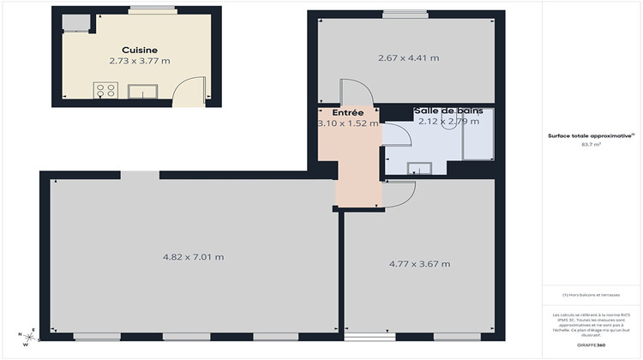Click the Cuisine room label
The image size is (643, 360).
[x=138, y=50]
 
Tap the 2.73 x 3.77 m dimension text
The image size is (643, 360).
[x=140, y=61]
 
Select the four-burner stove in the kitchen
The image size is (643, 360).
[x=106, y=91]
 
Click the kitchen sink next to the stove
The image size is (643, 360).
[x=141, y=91]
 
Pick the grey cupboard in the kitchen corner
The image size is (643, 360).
[x=75, y=21]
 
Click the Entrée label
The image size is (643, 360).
[x=348, y=112]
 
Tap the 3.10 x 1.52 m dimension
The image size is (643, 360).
[x=348, y=123]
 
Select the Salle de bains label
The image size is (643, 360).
[x=448, y=111]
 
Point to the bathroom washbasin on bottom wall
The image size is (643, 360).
[x=420, y=169]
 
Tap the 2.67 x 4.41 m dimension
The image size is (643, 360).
[x=408, y=58]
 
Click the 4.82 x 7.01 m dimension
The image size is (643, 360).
[x=193, y=256]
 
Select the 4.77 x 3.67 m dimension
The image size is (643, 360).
[x=419, y=263]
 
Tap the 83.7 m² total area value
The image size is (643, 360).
[x=591, y=145]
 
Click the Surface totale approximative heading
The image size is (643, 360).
[x=591, y=135]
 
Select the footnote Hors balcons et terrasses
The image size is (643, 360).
[x=591, y=295]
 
